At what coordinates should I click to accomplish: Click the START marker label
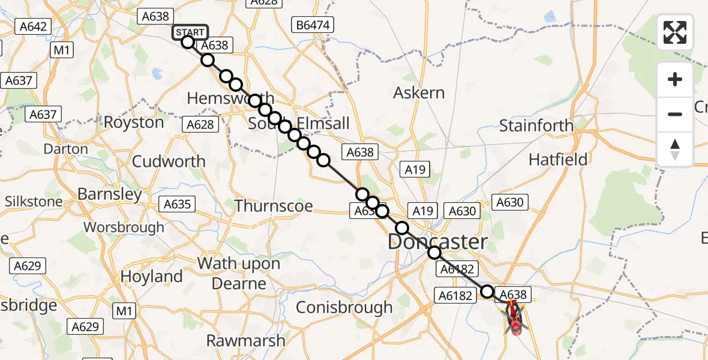(x=190, y=32)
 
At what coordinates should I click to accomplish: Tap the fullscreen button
(x=675, y=32)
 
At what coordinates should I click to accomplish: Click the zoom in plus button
(x=675, y=80)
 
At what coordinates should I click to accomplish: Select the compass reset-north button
(x=675, y=149)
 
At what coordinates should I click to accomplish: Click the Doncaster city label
(x=437, y=242)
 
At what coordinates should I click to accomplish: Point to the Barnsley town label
(x=110, y=194)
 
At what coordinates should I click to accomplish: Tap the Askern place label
(x=419, y=93)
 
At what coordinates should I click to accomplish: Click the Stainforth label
(x=536, y=126)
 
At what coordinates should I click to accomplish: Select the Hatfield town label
(x=558, y=160)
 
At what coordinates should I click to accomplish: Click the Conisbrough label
(x=345, y=307)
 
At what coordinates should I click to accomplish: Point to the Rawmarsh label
(x=246, y=341)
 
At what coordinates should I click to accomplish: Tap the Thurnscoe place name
(x=274, y=206)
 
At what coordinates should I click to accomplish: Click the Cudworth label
(x=169, y=161)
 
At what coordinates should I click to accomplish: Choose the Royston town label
(x=134, y=122)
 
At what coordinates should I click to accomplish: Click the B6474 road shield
(x=311, y=25)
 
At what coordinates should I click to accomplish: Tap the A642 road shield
(x=34, y=26)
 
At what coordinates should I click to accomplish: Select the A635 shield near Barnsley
(x=178, y=204)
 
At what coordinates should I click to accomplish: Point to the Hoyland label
(x=152, y=277)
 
